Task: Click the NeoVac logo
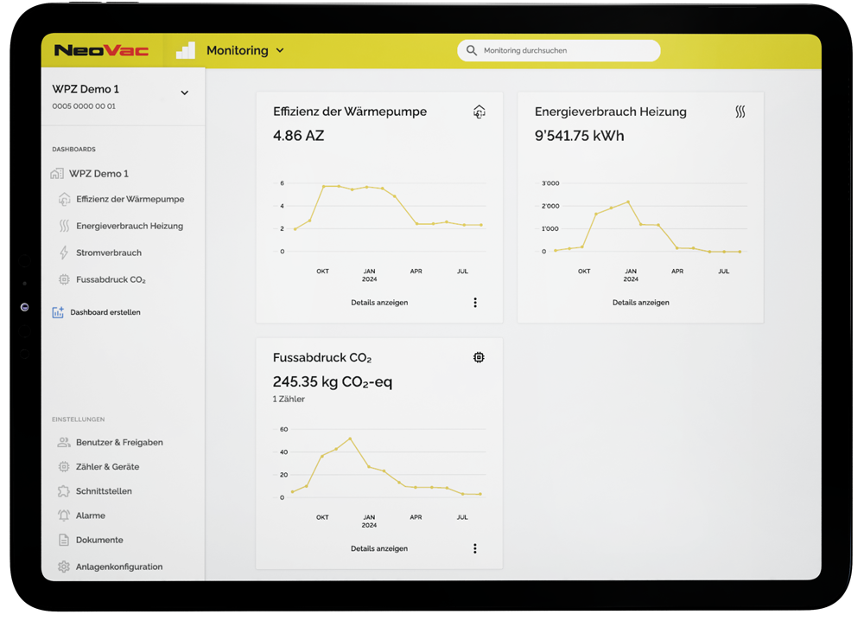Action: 101,51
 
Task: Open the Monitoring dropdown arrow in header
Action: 280,51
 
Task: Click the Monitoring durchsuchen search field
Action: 559,51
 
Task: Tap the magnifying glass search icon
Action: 471,51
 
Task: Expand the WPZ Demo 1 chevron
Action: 185,93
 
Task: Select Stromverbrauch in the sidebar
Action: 109,253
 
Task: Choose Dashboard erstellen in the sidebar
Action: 105,312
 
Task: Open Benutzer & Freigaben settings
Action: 119,442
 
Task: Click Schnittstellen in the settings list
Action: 104,491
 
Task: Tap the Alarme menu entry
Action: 91,515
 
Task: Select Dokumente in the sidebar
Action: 99,540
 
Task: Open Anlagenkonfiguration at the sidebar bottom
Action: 119,567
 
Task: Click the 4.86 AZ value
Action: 299,136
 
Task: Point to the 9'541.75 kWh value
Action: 579,136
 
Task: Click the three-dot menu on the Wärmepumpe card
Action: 475,302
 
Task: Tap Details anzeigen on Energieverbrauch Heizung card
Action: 641,302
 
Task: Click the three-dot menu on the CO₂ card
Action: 475,548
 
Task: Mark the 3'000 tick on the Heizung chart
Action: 550,183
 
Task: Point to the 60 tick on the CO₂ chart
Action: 283,429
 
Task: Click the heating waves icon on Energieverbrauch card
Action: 740,112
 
